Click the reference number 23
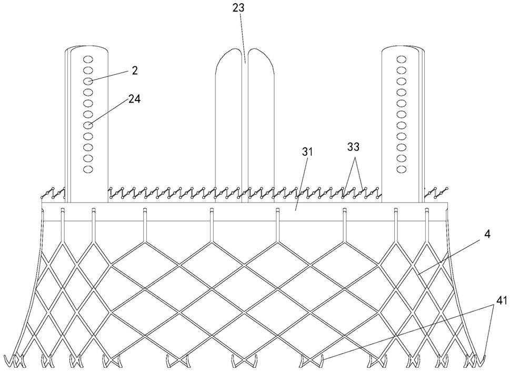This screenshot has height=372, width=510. tap(239, 8)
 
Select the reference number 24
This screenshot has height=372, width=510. tap(135, 99)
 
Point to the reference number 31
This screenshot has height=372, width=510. tap(307, 153)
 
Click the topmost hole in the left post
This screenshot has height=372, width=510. tap(88, 58)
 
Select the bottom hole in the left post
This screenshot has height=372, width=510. tap(88, 169)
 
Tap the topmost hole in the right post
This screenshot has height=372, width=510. tap(401, 58)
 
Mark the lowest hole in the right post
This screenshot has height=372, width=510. tap(401, 169)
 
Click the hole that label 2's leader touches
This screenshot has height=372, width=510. tap(88, 81)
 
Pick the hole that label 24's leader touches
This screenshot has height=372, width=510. tap(88, 125)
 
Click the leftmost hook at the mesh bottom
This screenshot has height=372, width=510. tap(9, 361)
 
